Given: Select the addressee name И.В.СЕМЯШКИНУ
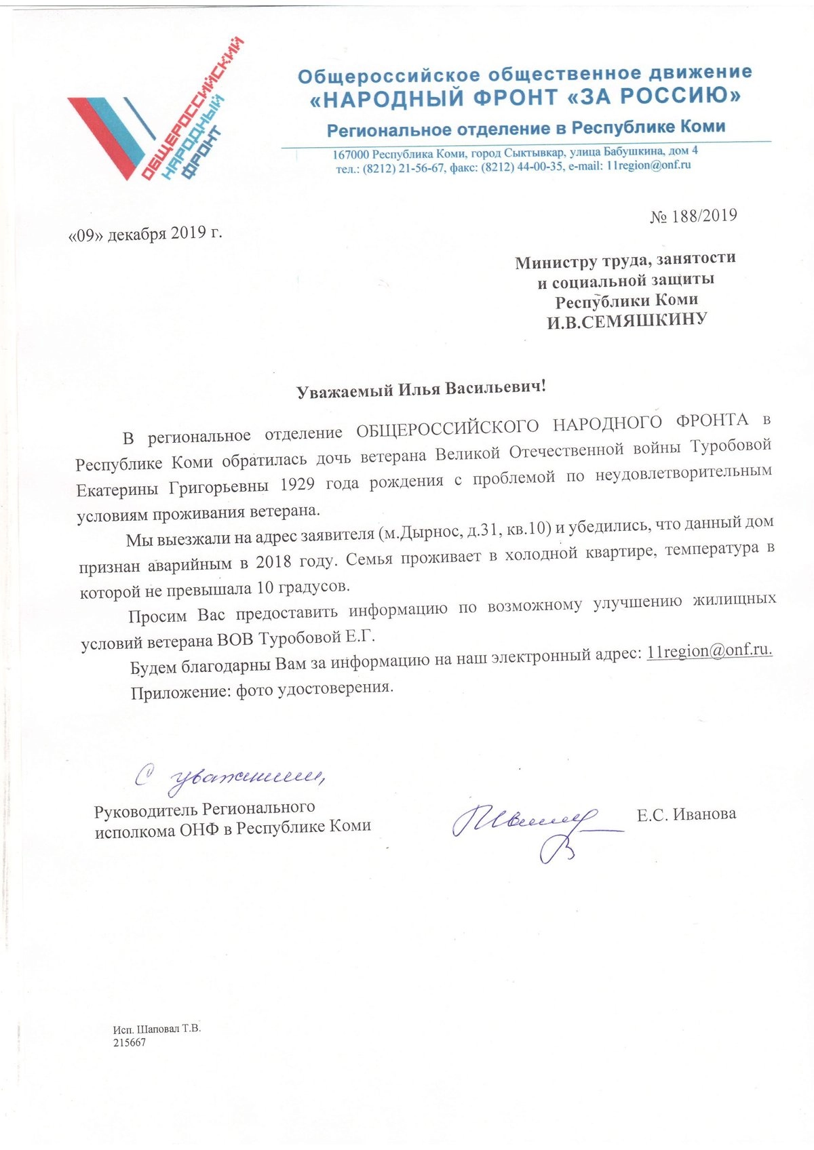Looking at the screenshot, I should click(627, 320).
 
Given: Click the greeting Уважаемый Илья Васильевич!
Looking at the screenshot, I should click(421, 389).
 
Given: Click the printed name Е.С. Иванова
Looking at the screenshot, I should click(686, 814).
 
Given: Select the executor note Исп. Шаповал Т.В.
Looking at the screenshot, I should click(157, 1029).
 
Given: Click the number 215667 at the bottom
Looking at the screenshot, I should click(130, 1043).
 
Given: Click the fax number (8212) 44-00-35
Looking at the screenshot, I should click(522, 167).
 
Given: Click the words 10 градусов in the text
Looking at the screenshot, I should click(299, 586).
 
